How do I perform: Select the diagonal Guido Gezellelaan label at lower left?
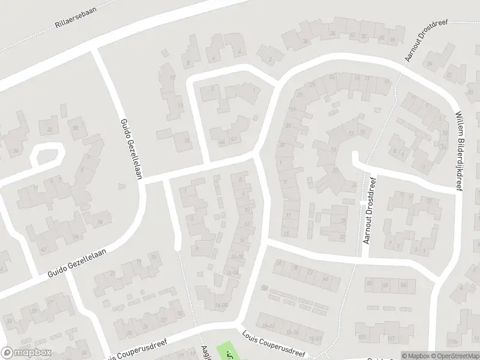pos(78,265)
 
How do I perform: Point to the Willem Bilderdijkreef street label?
pos(459,149)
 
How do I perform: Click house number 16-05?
pos(222,305)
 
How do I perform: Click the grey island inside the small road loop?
pos(49,155)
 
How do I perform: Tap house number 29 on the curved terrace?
pos(299,94)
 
